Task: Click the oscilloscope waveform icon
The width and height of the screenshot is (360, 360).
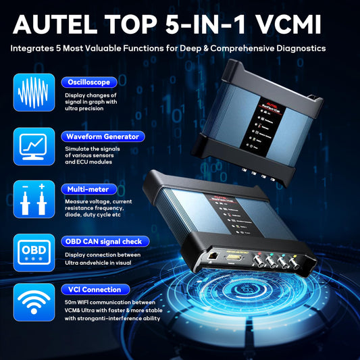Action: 32,93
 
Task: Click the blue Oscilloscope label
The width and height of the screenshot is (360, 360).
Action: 87,82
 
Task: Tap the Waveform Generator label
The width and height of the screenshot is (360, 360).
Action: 102,136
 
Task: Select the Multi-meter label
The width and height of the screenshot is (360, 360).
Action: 88,188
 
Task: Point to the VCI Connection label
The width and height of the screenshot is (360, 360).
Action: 94,289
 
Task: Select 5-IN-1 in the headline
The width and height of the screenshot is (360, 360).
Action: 202,26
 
